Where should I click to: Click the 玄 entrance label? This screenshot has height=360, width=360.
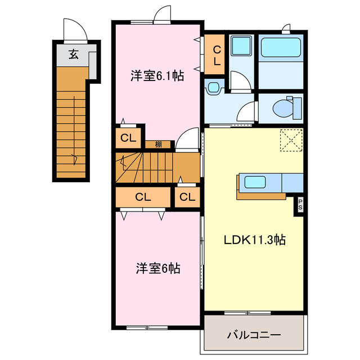tap(74, 55)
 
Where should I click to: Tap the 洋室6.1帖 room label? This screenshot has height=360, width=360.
tap(157, 76)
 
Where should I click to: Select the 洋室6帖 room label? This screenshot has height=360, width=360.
tap(157, 268)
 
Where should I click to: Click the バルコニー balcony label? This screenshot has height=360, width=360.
tap(254, 336)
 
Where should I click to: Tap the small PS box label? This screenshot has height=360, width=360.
tap(300, 205)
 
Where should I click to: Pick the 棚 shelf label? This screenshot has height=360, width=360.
tap(159, 145)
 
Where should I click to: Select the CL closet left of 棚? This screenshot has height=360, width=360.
tap(128, 137)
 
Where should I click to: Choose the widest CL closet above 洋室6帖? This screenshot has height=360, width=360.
tap(143, 197)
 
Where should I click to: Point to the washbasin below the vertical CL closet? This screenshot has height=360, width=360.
tap(213, 88)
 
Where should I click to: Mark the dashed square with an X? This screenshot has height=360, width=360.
tap(291, 139)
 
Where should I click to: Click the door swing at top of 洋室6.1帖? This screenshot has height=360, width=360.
tap(161, 14)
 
